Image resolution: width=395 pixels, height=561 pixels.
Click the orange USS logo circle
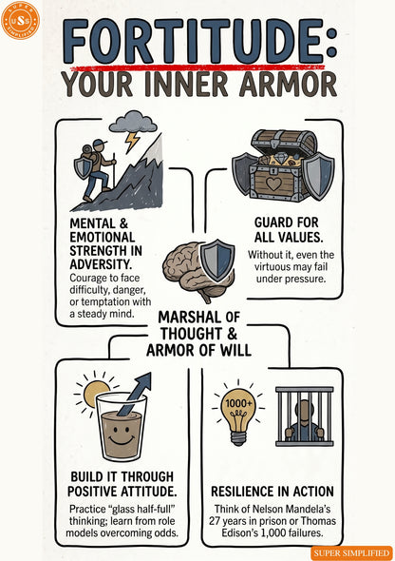coord(20,20)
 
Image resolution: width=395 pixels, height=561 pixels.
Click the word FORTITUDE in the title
coord(193,42)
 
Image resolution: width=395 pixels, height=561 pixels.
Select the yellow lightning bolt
coord(132,141)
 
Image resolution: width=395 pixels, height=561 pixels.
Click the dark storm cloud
coord(133,122)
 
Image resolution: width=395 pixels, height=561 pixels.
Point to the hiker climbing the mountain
coord(95,169)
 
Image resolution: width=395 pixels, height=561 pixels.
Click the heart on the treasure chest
coord(273,184)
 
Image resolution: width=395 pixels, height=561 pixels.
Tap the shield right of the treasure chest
coord(318,175)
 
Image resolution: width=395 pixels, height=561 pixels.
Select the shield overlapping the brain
coord(216,260)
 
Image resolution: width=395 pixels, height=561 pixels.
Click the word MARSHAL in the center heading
coord(190,318)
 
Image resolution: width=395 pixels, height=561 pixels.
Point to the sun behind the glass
coord(95,393)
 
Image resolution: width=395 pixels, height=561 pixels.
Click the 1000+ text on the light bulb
coord(238,403)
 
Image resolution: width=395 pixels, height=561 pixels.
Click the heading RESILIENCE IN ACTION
coord(273,492)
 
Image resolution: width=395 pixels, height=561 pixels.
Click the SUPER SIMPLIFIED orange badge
coord(351,552)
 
